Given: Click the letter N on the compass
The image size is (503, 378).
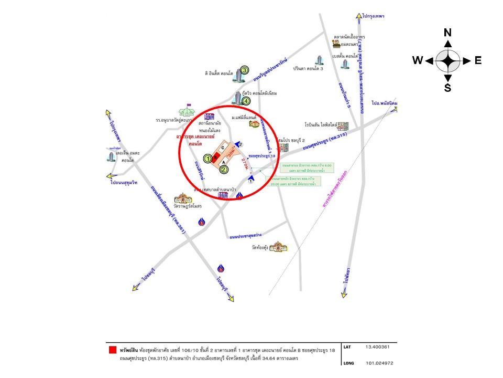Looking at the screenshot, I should tap(447, 33).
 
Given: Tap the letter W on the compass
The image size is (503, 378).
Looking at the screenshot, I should tap(417, 60).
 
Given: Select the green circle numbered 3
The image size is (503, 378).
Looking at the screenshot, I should tap(244, 72).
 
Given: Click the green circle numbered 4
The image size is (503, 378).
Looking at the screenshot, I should tap(246, 101).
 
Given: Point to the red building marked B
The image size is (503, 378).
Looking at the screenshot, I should tap(215, 154).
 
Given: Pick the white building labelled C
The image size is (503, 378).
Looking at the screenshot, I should tap(224, 148).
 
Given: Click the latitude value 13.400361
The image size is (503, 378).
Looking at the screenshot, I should tap(373, 348).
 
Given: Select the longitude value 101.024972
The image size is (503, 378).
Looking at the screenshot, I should tap(375, 363).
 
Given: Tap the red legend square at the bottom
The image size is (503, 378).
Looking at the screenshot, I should tap(112, 350).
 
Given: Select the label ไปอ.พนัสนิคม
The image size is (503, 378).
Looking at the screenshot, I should tap(385, 102).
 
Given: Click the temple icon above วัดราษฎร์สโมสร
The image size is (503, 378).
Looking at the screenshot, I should tap(184, 199).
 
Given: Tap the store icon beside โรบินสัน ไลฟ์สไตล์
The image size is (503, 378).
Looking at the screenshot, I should tap(343, 127).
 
